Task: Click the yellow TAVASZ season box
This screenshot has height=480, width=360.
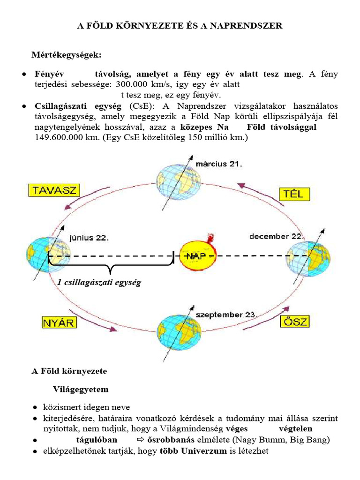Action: [54, 190]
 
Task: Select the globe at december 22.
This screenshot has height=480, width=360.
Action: [308, 259]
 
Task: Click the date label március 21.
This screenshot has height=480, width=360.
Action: [219, 164]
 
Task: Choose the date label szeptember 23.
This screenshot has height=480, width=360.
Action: [226, 315]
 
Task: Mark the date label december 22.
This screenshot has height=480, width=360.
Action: [277, 236]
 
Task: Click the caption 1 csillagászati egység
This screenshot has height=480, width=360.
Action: [99, 283]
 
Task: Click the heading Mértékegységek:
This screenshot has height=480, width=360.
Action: [66, 55]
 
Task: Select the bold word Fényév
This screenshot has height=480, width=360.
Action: [49, 74]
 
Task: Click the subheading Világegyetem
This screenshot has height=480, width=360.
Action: [80, 390]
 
